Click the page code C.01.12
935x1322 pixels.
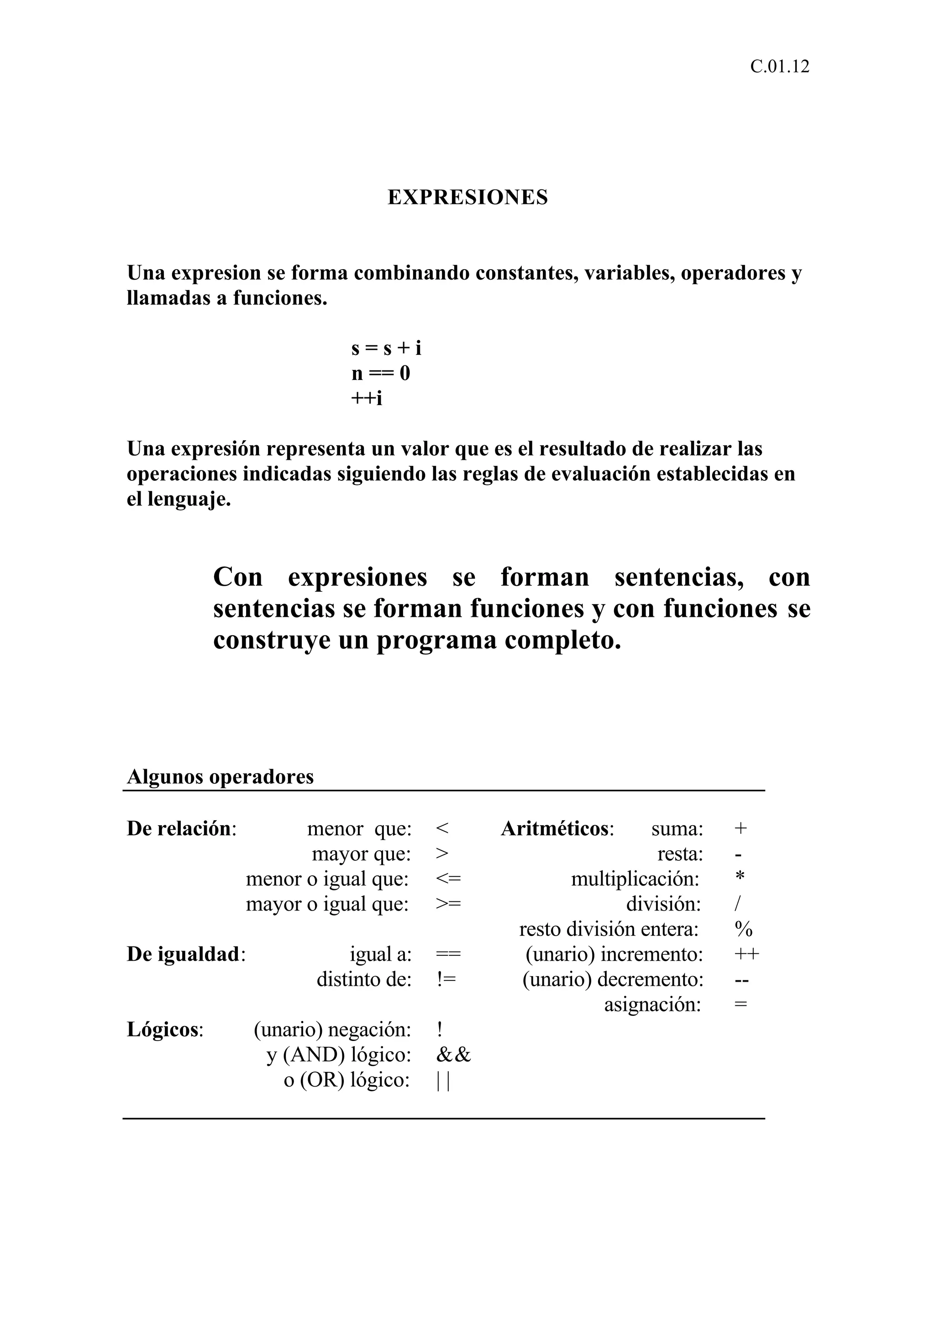click(779, 67)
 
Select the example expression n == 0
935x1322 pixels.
click(381, 374)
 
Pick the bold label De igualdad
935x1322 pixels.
click(183, 954)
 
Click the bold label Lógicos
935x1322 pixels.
click(163, 1030)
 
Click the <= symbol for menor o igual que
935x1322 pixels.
click(449, 879)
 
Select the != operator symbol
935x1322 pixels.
click(446, 979)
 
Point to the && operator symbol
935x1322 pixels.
click(453, 1055)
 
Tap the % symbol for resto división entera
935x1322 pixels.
click(743, 929)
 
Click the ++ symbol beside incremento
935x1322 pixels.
click(746, 954)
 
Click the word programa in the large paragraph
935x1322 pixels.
click(436, 640)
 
